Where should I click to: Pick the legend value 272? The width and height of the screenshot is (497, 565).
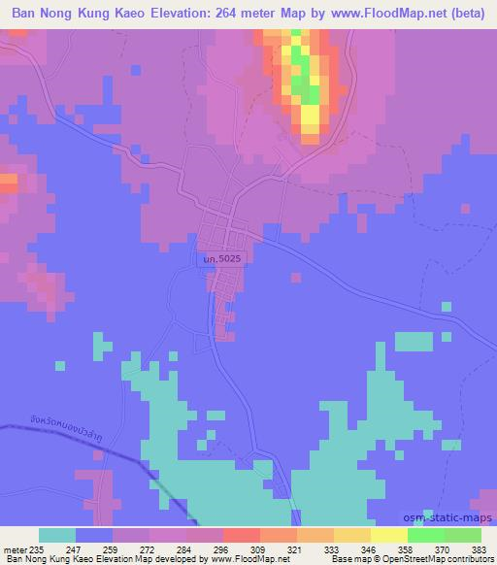148,548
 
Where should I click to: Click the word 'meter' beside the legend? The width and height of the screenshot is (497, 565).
16,548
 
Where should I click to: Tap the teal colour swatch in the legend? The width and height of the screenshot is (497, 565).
57,535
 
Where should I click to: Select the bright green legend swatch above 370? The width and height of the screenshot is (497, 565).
426,535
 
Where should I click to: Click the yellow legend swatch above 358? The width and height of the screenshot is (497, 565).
389,535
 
